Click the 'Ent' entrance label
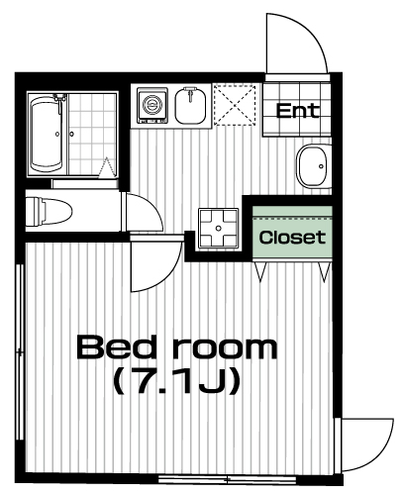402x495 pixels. tap(298, 111)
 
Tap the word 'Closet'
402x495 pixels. tap(292, 238)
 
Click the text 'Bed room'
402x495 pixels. tap(177, 347)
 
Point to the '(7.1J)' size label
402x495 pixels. tap(176, 381)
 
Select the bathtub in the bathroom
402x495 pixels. tap(46, 134)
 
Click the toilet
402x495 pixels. tap(49, 211)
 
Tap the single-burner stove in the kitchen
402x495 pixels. tap(152, 105)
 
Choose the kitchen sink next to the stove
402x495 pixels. tap(191, 105)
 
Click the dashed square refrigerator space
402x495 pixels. tap(235, 105)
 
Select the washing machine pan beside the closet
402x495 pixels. tap(218, 229)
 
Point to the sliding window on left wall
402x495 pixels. tap(20, 352)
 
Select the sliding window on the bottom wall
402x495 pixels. tap(228, 479)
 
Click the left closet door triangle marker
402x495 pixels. tap(260, 272)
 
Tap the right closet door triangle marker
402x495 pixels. tap(325, 272)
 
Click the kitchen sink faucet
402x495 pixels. tap(190, 93)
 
